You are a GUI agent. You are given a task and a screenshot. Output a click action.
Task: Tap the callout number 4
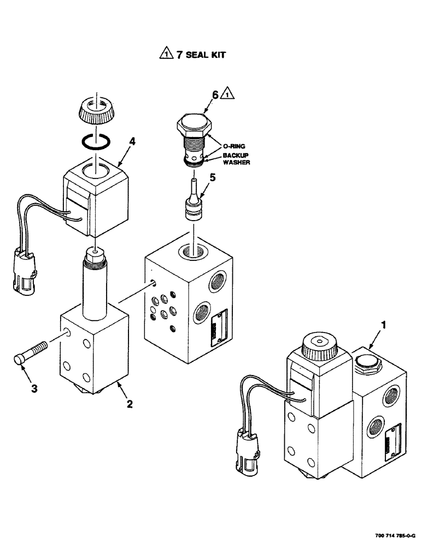[132, 141]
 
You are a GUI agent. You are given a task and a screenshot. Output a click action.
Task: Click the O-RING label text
[235, 146]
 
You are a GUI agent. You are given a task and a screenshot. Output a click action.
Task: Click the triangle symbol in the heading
[165, 54]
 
